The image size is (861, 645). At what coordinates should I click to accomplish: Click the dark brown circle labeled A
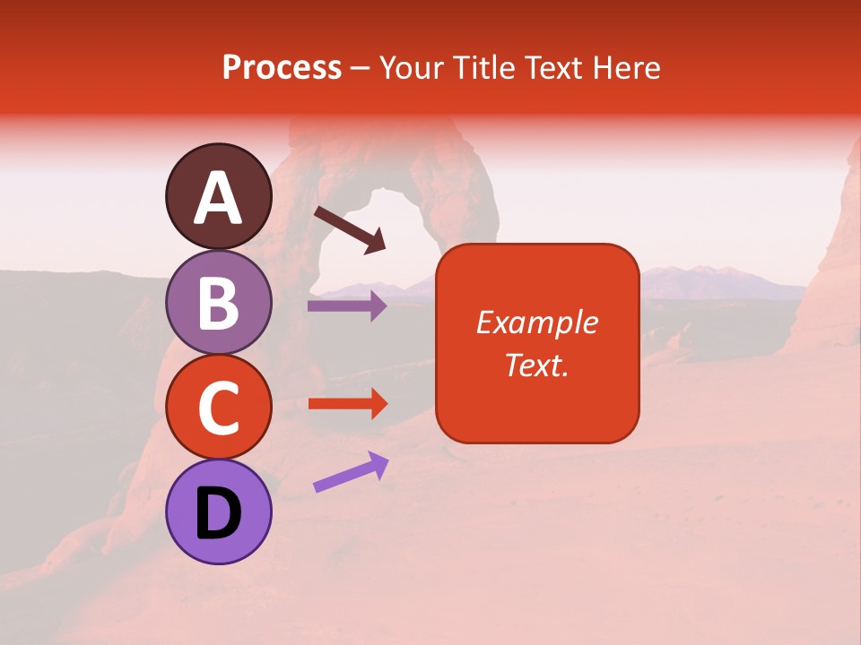218,196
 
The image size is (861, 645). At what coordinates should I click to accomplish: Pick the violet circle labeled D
218,512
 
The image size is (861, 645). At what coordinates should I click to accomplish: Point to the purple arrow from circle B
346,306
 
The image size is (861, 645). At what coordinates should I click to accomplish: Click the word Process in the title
282,67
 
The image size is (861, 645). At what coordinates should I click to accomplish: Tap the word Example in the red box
536,322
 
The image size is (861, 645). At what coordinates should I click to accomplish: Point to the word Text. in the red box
536,365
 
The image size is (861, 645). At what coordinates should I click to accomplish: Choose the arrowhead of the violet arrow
378,462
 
